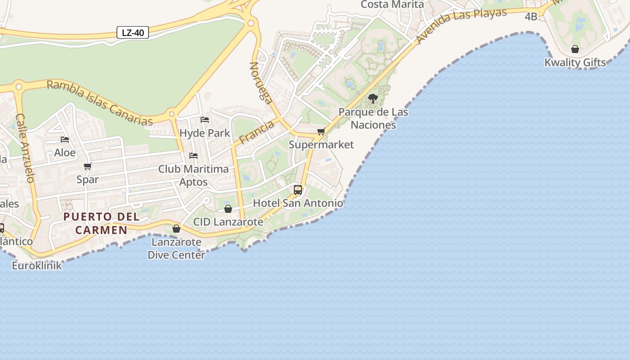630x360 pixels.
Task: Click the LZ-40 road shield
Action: [x=133, y=32]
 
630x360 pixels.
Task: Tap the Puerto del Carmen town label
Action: [x=101, y=223]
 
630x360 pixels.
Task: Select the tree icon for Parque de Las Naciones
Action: [x=373, y=99]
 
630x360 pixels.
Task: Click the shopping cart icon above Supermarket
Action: [x=321, y=132]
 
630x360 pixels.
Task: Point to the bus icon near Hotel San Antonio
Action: [x=298, y=190]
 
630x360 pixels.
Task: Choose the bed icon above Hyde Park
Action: [x=205, y=120]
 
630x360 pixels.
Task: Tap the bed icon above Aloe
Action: [x=65, y=139]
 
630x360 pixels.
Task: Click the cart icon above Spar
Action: [x=88, y=166]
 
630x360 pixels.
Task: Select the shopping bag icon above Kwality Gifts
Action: [x=575, y=49]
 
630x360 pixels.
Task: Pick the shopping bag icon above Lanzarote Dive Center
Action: [x=176, y=229]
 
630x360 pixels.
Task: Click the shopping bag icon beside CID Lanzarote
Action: [x=228, y=209]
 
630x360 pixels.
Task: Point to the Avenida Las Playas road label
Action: [x=461, y=25]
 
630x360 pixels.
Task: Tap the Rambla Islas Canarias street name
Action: [x=100, y=103]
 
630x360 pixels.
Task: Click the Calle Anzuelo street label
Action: [x=25, y=148]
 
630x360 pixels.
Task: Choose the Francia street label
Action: [x=256, y=132]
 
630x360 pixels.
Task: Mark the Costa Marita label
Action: [x=392, y=4]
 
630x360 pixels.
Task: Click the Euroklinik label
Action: [x=37, y=265]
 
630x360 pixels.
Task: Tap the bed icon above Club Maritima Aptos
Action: [x=193, y=156]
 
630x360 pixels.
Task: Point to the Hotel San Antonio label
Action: [x=298, y=203]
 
